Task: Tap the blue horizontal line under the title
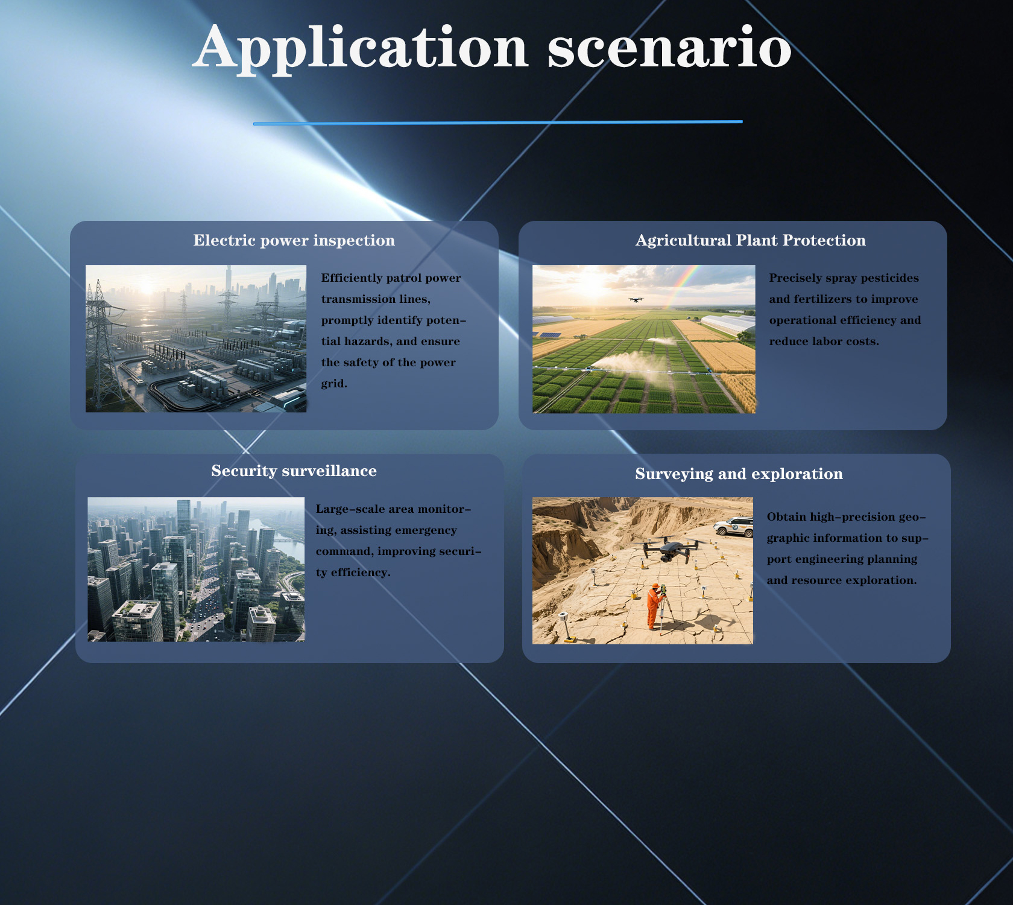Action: click(x=498, y=122)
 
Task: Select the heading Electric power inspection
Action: click(x=294, y=240)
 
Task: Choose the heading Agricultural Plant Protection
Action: click(x=751, y=240)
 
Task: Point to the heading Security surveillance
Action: click(x=294, y=471)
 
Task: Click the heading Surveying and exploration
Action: click(x=739, y=474)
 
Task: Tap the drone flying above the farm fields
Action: click(x=636, y=299)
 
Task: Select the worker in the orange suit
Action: click(x=654, y=606)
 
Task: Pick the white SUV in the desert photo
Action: click(x=734, y=527)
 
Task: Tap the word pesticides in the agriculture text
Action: click(x=890, y=278)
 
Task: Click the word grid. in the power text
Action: click(x=334, y=384)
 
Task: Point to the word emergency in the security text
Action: click(x=429, y=530)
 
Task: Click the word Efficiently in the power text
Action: click(x=351, y=278)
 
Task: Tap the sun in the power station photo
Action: click(x=147, y=288)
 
